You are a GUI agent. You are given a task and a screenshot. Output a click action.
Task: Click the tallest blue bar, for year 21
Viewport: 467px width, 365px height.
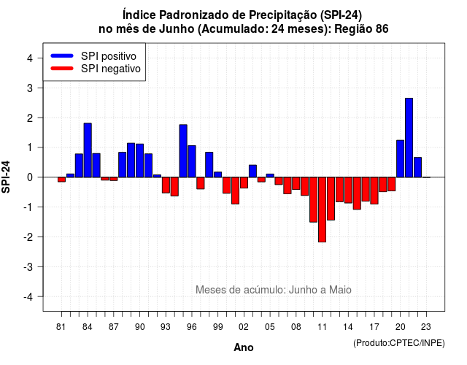(x=409, y=138)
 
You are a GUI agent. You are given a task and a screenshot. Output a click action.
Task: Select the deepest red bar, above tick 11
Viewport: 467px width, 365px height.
(x=322, y=210)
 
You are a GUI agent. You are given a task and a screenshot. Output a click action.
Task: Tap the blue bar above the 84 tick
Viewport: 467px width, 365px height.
(x=88, y=150)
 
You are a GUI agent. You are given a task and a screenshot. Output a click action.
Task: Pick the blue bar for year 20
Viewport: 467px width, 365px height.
(x=401, y=159)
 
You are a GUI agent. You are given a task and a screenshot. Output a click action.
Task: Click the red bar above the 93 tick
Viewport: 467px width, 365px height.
(x=166, y=185)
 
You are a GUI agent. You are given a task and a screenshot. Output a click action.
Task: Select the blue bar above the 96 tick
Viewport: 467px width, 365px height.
(x=192, y=161)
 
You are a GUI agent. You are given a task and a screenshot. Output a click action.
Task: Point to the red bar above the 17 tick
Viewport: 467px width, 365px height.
(x=374, y=191)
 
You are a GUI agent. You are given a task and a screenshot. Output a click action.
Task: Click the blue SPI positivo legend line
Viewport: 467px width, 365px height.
(x=62, y=55)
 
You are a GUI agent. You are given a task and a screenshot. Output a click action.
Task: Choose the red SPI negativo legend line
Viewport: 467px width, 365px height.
(x=62, y=68)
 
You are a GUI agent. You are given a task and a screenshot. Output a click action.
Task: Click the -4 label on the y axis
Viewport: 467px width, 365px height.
(x=29, y=296)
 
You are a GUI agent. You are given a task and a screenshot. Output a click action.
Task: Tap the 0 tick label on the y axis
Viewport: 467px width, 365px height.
(x=30, y=177)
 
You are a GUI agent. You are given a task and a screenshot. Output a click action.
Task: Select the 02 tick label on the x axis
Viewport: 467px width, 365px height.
(x=244, y=327)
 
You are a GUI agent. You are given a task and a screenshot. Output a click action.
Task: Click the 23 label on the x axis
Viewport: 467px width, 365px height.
(x=426, y=327)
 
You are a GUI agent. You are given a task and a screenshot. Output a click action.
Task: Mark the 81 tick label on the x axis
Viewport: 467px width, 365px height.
(x=61, y=327)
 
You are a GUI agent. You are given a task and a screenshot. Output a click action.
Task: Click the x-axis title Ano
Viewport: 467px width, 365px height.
(x=244, y=347)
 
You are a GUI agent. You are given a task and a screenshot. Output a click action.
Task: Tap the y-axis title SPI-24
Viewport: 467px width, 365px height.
(x=6, y=177)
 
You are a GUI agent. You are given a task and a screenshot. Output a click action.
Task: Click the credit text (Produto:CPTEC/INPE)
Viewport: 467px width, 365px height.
(x=399, y=343)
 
